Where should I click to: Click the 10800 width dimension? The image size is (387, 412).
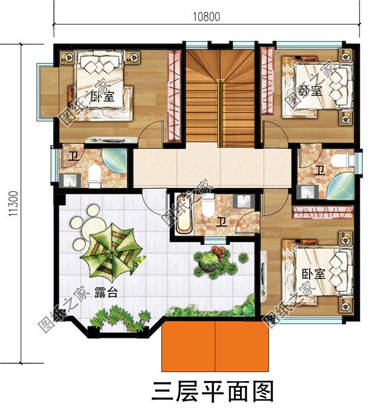pyautogui.click(x=206, y=17)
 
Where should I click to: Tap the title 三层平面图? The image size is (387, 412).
pyautogui.click(x=213, y=392)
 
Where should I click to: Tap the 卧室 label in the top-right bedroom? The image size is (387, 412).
pyautogui.click(x=310, y=91)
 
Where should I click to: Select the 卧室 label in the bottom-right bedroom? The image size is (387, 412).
pyautogui.click(x=313, y=274)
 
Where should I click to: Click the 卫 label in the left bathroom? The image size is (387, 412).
pyautogui.click(x=72, y=157)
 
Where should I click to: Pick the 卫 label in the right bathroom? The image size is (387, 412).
pyautogui.click(x=320, y=171)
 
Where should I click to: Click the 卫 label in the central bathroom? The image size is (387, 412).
pyautogui.click(x=221, y=222)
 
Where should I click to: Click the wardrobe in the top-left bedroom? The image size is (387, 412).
pyautogui.click(x=174, y=96)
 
